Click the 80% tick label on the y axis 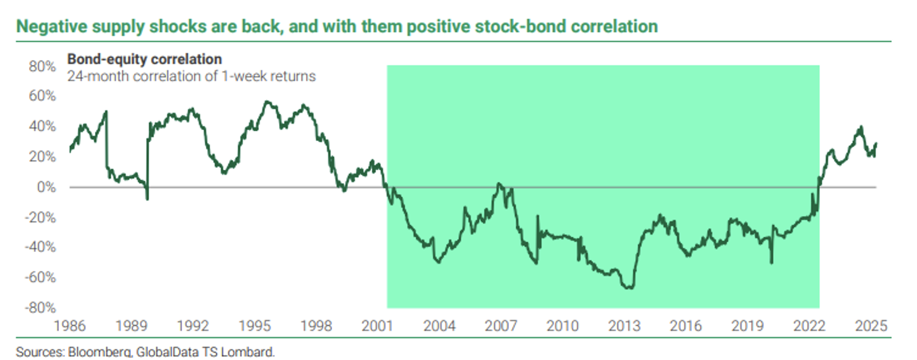(x=42, y=66)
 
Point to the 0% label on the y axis (x=46, y=187)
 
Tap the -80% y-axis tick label (x=40, y=307)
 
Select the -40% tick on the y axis (x=40, y=247)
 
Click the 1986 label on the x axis (x=69, y=326)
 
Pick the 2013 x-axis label (x=624, y=326)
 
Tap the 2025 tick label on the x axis (x=871, y=326)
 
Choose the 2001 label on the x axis (x=377, y=326)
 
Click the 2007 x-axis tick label (x=501, y=326)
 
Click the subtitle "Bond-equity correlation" (x=145, y=59)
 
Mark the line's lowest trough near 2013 (x=629, y=287)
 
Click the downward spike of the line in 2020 (x=771, y=263)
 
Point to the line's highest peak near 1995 (x=266, y=102)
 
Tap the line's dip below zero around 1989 (x=147, y=199)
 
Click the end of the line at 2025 (x=876, y=144)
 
